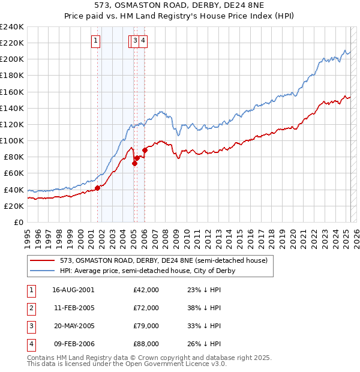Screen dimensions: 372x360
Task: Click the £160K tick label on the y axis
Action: click(x=12, y=92)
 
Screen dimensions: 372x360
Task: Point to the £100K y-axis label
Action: click(x=12, y=140)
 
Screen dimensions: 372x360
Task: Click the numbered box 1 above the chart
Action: click(x=96, y=41)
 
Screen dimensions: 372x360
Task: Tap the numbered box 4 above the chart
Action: click(x=144, y=41)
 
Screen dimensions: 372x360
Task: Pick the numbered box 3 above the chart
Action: click(x=136, y=41)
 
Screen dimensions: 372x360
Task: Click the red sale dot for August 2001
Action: click(x=97, y=188)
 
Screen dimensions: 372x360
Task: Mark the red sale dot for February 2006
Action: click(x=145, y=151)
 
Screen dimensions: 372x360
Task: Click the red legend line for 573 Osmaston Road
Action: click(x=43, y=260)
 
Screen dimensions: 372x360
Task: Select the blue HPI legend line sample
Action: click(x=43, y=271)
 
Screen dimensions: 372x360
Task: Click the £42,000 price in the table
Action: click(x=146, y=290)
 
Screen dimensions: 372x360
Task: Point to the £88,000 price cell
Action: click(x=146, y=344)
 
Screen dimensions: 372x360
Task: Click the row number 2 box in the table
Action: click(x=31, y=308)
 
